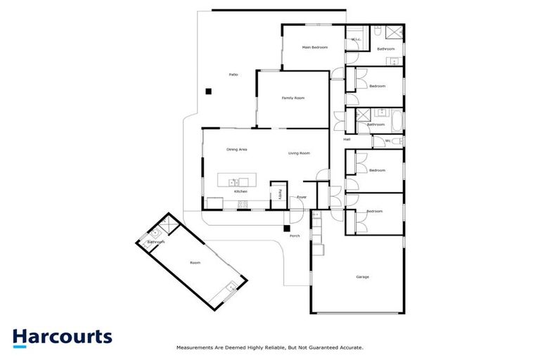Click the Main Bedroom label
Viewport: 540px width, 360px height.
pyautogui.click(x=316, y=48)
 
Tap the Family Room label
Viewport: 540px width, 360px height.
pyautogui.click(x=292, y=98)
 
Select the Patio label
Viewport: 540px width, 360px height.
pyautogui.click(x=232, y=75)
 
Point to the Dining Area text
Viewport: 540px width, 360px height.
pyautogui.click(x=236, y=149)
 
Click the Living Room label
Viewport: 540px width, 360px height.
pyautogui.click(x=299, y=153)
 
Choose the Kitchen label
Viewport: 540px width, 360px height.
pyautogui.click(x=240, y=191)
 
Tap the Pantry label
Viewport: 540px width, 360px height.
pyautogui.click(x=280, y=193)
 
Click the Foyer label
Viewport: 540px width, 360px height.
pyautogui.click(x=301, y=198)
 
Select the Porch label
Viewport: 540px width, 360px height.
pyautogui.click(x=295, y=236)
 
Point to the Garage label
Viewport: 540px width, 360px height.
pyautogui.click(x=362, y=276)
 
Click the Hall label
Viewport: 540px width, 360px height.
pyautogui.click(x=347, y=139)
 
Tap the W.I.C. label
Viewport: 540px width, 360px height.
pyautogui.click(x=356, y=39)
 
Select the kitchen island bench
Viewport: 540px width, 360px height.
pyautogui.click(x=233, y=180)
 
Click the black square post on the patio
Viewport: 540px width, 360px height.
pyautogui.click(x=208, y=91)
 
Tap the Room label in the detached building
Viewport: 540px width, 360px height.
pyautogui.click(x=195, y=262)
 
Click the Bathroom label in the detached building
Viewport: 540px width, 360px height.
pyautogui.click(x=155, y=242)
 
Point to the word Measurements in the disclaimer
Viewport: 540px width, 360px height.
pyautogui.click(x=193, y=347)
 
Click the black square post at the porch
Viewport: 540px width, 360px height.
pyautogui.click(x=287, y=227)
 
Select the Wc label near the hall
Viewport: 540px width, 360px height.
pyautogui.click(x=387, y=141)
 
